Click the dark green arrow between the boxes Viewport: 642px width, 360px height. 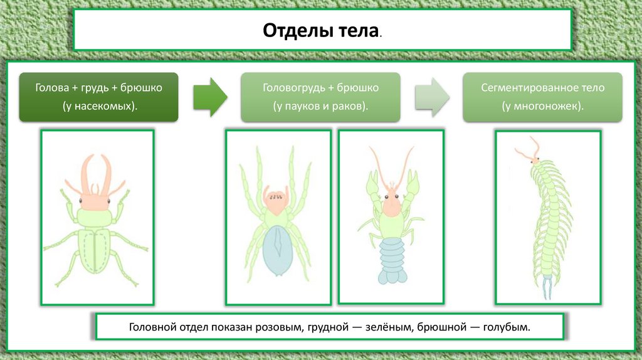tap(209, 97)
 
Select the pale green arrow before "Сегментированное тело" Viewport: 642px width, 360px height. tap(432, 97)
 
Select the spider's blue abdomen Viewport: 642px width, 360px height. tap(277, 249)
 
